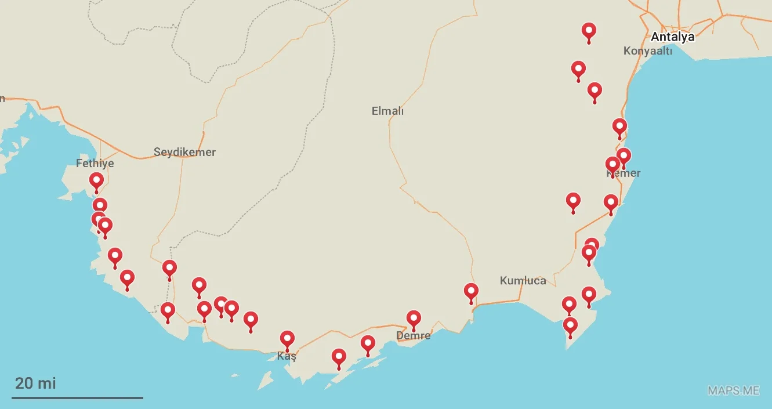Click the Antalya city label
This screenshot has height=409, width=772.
(x=672, y=37)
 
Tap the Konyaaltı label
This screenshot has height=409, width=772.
(x=647, y=51)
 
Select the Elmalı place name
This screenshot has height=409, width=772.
(x=387, y=111)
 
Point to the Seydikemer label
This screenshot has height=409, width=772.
(x=184, y=153)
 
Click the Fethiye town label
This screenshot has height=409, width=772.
(x=95, y=164)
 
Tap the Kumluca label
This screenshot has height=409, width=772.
(x=523, y=281)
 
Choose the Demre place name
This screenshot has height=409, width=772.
(x=414, y=335)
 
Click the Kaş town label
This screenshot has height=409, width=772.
(x=287, y=356)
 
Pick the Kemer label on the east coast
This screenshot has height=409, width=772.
(x=624, y=173)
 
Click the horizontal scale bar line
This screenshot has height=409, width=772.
(x=78, y=398)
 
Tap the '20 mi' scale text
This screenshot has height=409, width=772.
(x=35, y=383)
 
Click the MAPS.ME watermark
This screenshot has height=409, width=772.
(x=733, y=390)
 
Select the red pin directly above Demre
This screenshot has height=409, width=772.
(x=414, y=318)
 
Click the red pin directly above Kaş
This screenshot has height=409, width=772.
(x=287, y=339)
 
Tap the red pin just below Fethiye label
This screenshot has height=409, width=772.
(x=96, y=181)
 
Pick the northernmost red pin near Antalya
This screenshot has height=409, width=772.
(x=589, y=31)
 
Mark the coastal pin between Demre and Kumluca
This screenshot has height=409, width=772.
(x=471, y=291)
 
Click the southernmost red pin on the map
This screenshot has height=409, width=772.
(x=339, y=356)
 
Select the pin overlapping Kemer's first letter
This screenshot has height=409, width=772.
(x=612, y=165)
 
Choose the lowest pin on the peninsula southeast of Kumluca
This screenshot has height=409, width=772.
(x=570, y=325)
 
